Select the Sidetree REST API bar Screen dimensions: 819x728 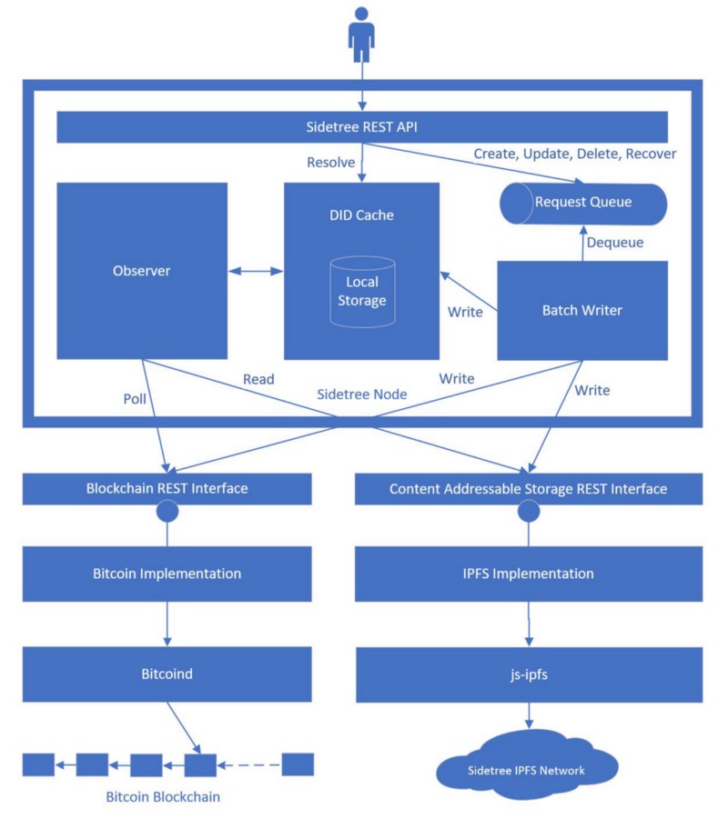click(363, 126)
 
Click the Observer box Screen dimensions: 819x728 click(141, 271)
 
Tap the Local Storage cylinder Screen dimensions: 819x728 click(362, 292)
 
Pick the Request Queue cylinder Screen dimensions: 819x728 click(582, 201)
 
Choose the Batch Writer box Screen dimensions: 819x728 click(581, 310)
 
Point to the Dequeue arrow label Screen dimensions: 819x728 click(615, 243)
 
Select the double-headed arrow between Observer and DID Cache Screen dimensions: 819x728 click(255, 271)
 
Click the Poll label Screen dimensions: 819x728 click(136, 398)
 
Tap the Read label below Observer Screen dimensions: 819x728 click(258, 378)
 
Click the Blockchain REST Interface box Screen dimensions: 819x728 click(167, 489)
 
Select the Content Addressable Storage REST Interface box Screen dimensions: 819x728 click(528, 489)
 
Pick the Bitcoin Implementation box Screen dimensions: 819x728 click(167, 574)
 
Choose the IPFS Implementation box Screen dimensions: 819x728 click(528, 574)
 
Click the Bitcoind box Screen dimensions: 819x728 click(167, 674)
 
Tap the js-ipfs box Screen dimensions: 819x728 click(528, 674)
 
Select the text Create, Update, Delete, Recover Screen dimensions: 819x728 click(574, 154)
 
